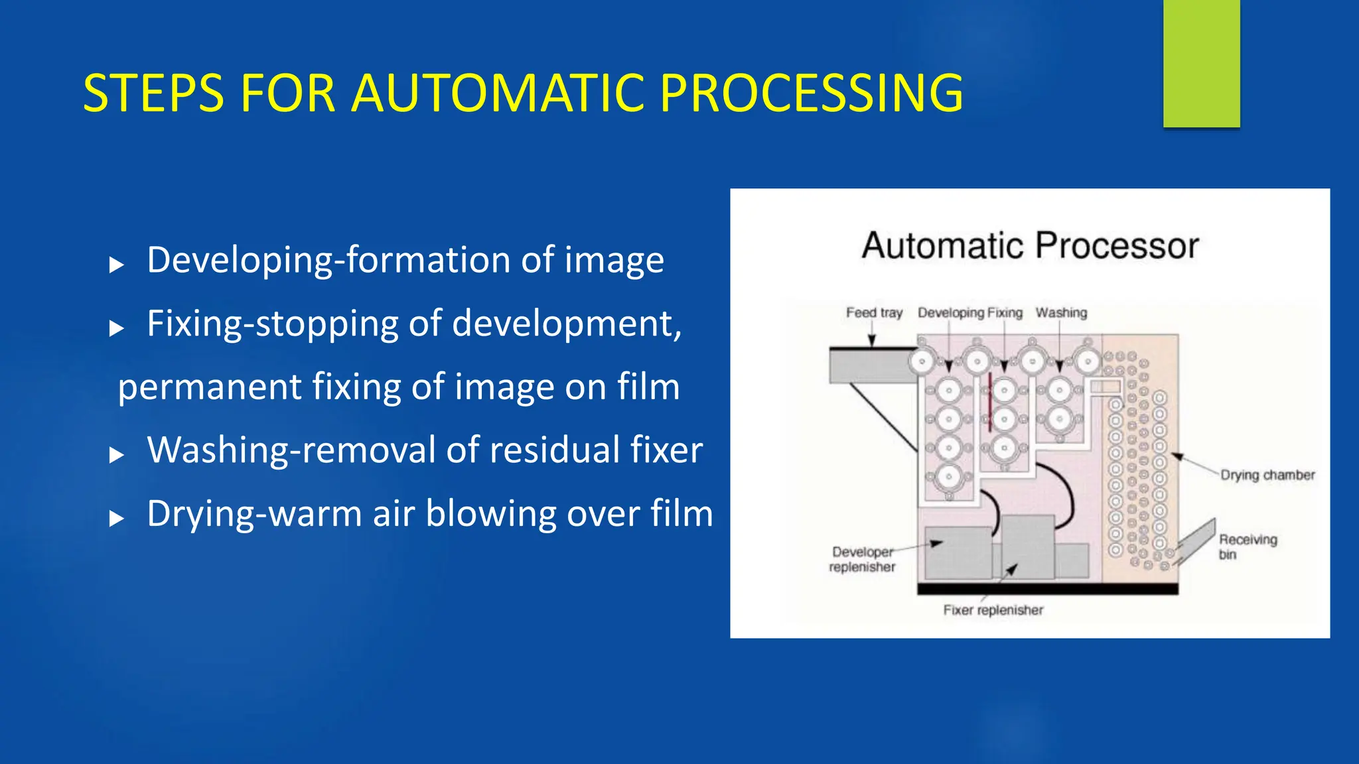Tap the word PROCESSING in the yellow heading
(811, 94)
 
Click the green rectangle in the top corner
(1201, 63)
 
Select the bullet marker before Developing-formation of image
(117, 265)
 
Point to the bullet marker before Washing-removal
(117, 455)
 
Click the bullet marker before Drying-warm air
(117, 519)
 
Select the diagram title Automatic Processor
(1030, 245)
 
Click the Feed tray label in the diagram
(874, 312)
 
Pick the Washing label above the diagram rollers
(1061, 312)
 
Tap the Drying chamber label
(1267, 475)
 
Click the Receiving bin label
(1247, 546)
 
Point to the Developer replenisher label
(862, 559)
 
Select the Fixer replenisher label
(993, 610)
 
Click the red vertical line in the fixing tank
(989, 402)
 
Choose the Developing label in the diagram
(950, 312)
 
